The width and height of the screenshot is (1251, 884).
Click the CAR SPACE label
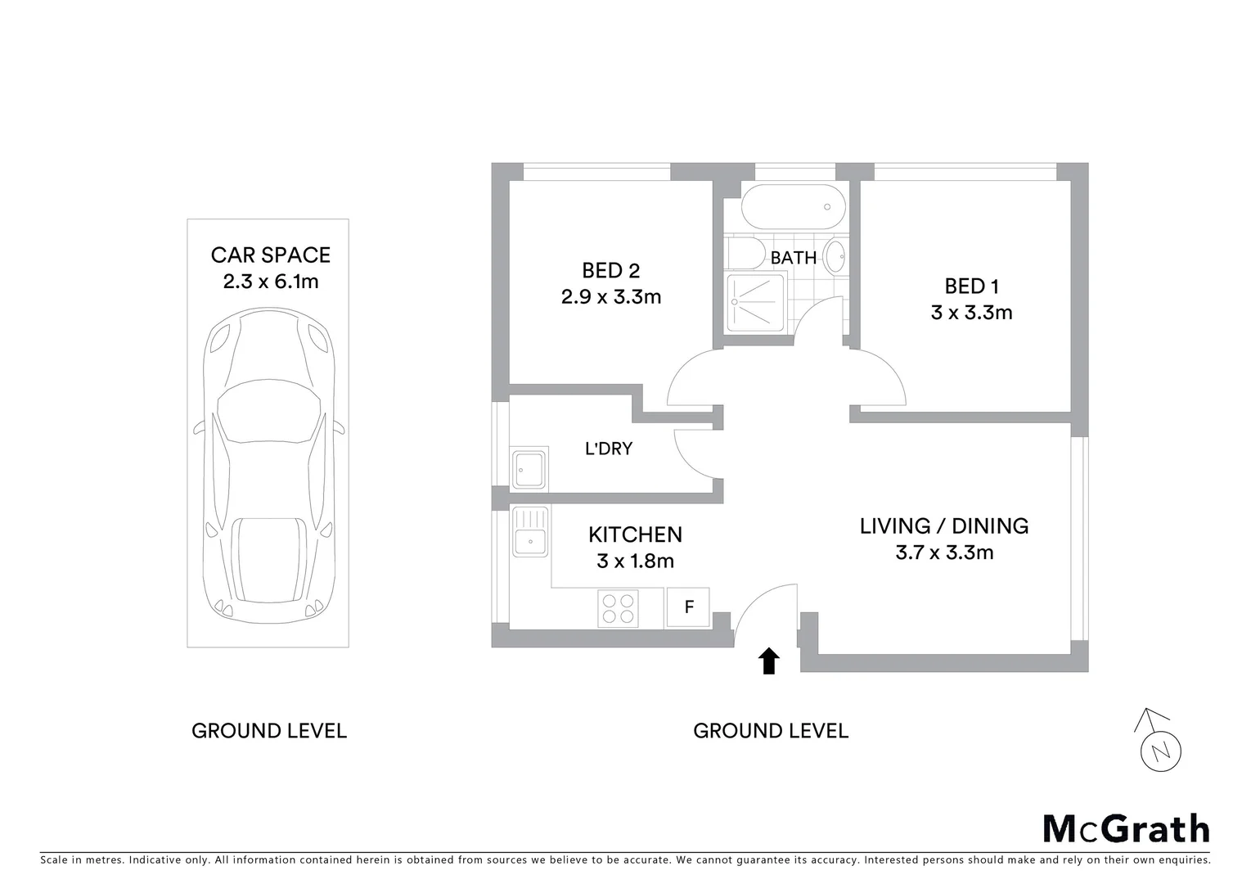(270, 255)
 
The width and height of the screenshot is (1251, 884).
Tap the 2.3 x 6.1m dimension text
(270, 282)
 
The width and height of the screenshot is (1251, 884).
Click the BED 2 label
(610, 270)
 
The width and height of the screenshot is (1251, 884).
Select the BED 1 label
(971, 286)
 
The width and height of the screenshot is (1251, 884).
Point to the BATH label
(793, 258)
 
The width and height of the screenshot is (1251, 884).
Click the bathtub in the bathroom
(791, 207)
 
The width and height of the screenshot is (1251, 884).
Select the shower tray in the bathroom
(757, 301)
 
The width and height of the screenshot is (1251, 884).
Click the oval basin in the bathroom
(835, 256)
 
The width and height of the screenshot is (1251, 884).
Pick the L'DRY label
(608, 449)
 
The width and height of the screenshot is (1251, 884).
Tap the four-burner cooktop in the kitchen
(619, 608)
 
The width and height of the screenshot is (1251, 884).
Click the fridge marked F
(688, 607)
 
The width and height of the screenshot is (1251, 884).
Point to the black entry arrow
(768, 661)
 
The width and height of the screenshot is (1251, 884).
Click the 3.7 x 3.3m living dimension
(944, 552)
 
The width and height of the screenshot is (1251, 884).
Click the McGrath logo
(1125, 828)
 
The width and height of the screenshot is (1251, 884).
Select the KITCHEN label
(635, 534)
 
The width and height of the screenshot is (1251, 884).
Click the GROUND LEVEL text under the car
(269, 731)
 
